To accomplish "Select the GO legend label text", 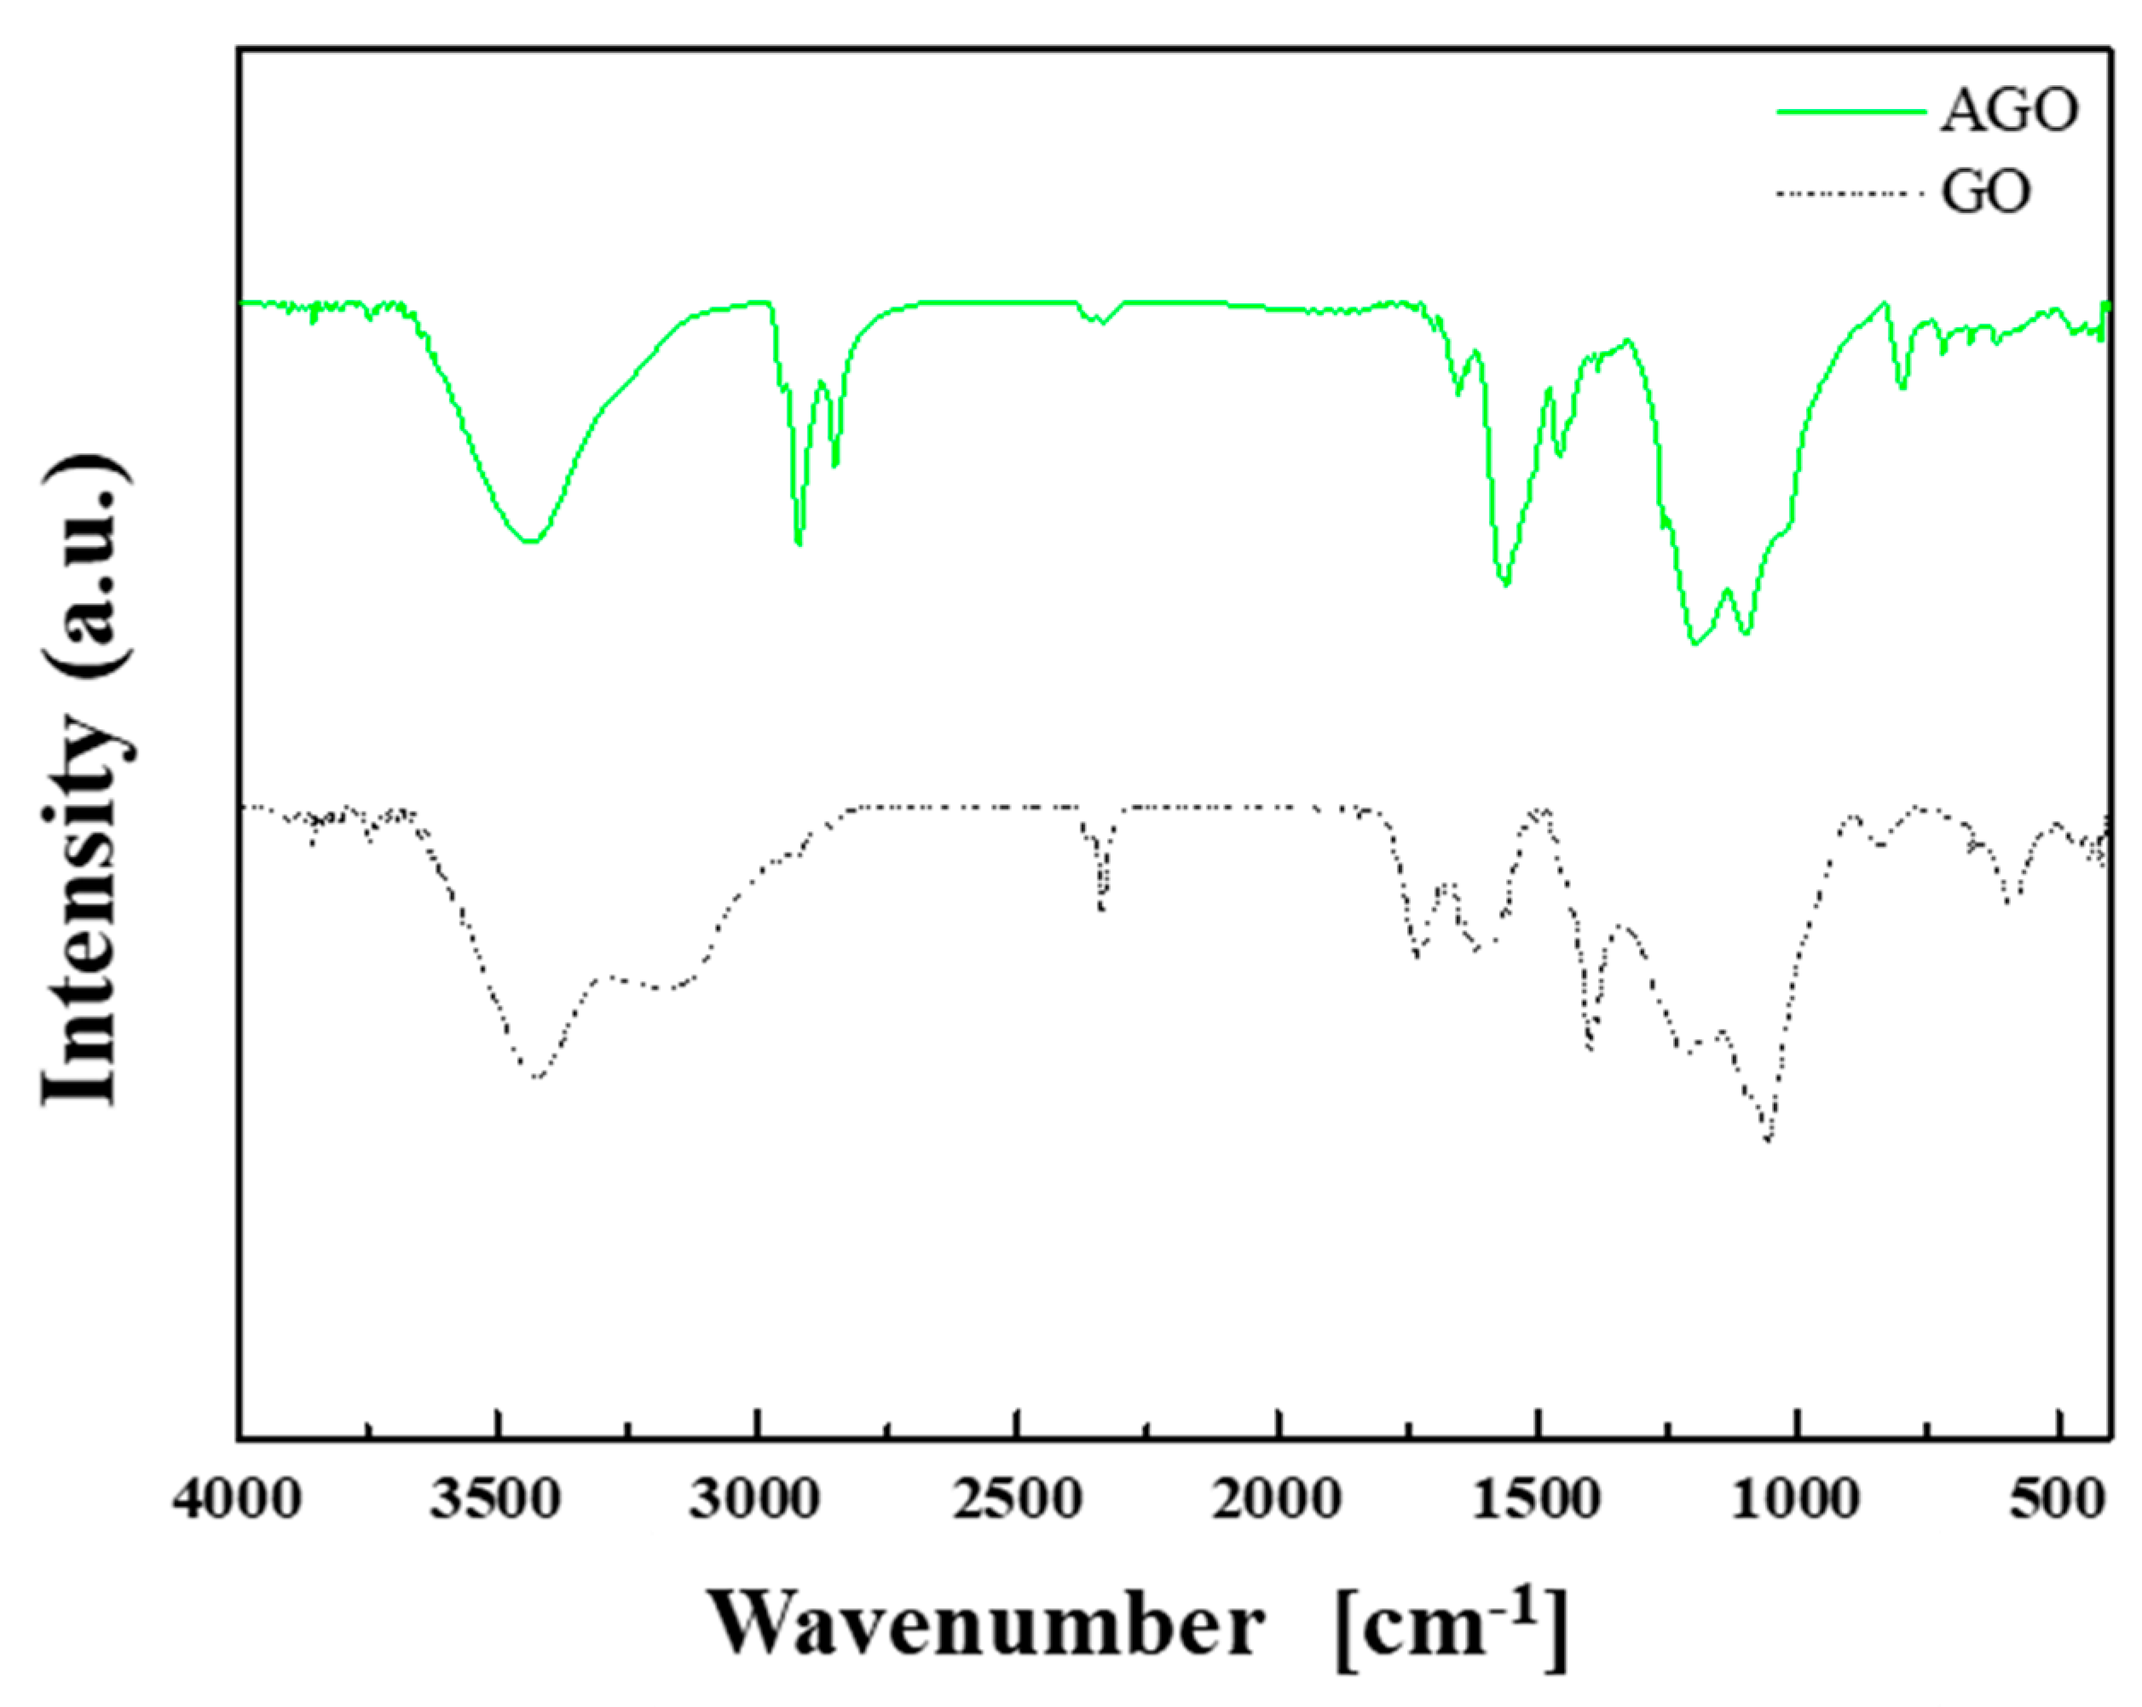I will coord(1985,193).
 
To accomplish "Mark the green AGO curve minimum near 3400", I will coord(530,541).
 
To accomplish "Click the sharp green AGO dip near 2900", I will coord(799,543).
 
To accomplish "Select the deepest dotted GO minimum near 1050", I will coord(1769,1140).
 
